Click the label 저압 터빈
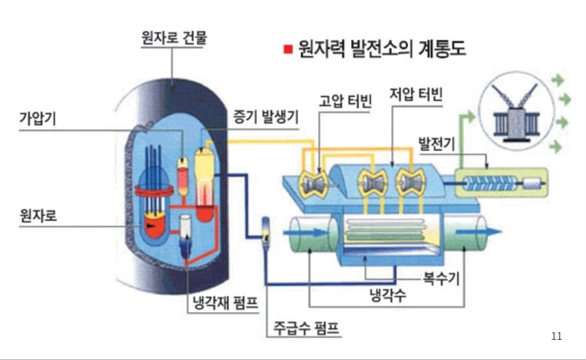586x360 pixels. (416, 94)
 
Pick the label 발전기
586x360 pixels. (436, 141)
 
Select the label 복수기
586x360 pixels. (441, 280)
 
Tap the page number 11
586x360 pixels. (556, 335)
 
